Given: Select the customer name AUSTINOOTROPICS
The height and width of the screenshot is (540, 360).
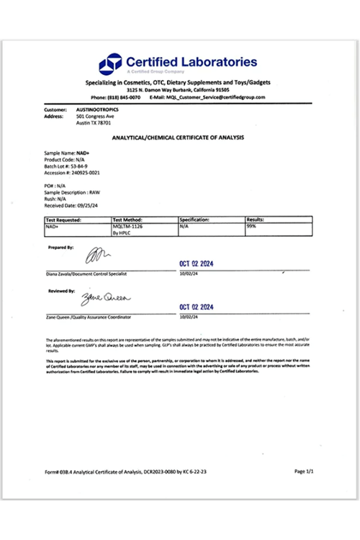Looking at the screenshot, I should pos(97,109).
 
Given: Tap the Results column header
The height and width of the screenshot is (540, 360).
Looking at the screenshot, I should pos(256,219).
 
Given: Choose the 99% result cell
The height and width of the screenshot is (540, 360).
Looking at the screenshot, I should pos(251,225).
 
